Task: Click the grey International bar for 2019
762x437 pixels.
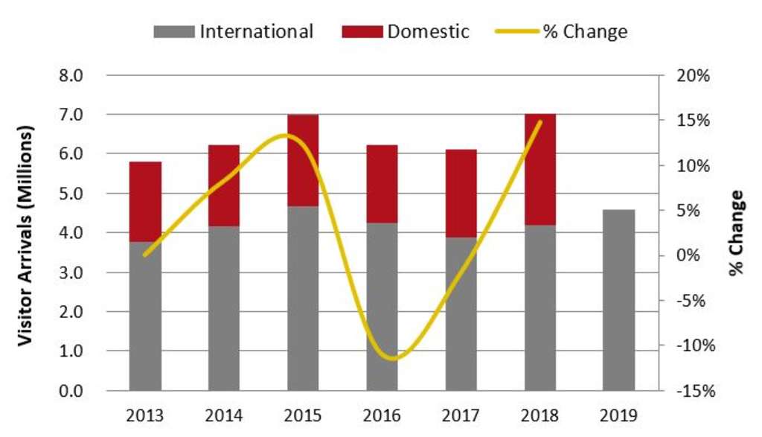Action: pyautogui.click(x=619, y=299)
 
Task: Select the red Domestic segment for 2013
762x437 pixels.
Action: pyautogui.click(x=146, y=201)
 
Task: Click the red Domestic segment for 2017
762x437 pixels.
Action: pyautogui.click(x=461, y=193)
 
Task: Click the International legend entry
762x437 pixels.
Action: pyautogui.click(x=234, y=31)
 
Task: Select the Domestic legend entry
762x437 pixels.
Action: pyautogui.click(x=406, y=31)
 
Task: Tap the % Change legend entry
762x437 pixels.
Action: pyautogui.click(x=563, y=31)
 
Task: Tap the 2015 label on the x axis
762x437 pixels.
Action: pyautogui.click(x=303, y=414)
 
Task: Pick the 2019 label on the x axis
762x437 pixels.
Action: pyautogui.click(x=619, y=414)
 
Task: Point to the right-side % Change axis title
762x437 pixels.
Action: pyautogui.click(x=737, y=233)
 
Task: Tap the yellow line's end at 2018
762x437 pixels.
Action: pyautogui.click(x=540, y=121)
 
